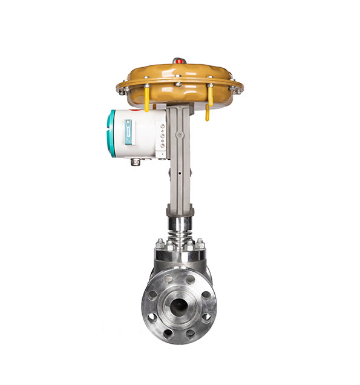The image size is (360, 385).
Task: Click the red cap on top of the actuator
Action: pos(179,61)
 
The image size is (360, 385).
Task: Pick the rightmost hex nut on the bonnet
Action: pos(199,245)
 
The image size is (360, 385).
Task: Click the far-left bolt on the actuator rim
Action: pos(122,91)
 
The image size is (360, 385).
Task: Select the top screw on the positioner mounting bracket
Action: pos(162,125)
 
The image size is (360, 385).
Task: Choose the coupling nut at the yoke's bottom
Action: pos(179,211)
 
